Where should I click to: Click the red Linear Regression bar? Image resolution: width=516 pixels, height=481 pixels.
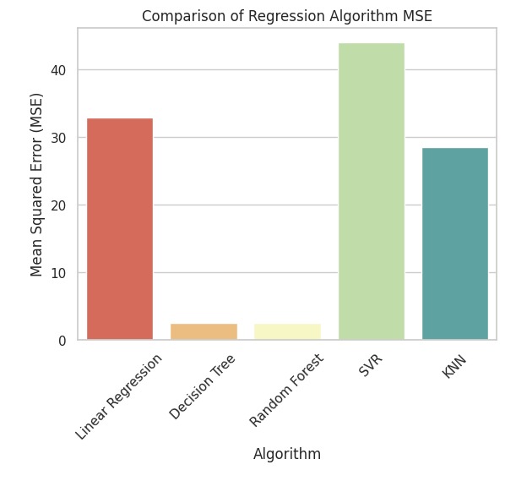(x=120, y=229)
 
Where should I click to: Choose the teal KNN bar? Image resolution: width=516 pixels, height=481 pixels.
(x=454, y=244)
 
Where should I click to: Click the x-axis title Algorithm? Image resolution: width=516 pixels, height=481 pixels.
(x=287, y=454)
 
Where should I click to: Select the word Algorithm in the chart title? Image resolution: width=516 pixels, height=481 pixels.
(x=361, y=16)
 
